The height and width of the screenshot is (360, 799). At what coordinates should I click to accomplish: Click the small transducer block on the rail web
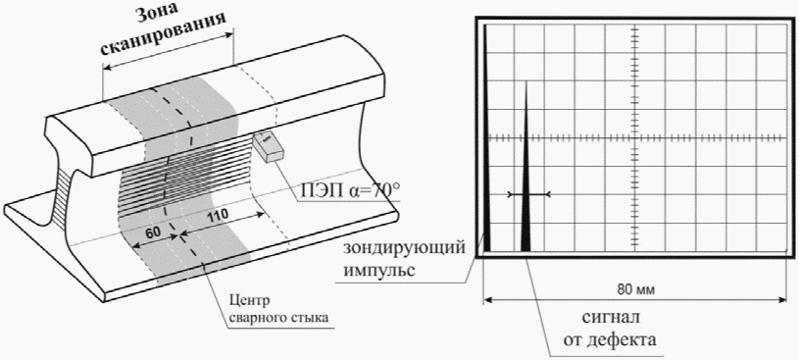pyautogui.click(x=269, y=147)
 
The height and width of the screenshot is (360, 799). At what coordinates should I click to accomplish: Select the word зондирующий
pyautogui.click(x=404, y=250)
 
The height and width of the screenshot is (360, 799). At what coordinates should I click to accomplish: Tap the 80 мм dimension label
pyautogui.click(x=636, y=290)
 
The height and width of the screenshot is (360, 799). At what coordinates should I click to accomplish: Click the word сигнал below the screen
pyautogui.click(x=611, y=318)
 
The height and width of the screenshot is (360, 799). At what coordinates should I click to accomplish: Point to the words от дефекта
pyautogui.click(x=610, y=339)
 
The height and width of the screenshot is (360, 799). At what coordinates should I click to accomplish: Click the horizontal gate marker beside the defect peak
pyautogui.click(x=529, y=194)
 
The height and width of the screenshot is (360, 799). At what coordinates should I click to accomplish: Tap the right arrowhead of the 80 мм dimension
pyautogui.click(x=783, y=300)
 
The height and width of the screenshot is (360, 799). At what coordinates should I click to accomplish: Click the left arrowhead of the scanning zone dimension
pyautogui.click(x=107, y=68)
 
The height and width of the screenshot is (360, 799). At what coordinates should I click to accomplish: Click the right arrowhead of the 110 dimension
pyautogui.click(x=260, y=215)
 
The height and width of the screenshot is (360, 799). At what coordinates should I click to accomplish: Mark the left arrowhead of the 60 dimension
pyautogui.click(x=136, y=246)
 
